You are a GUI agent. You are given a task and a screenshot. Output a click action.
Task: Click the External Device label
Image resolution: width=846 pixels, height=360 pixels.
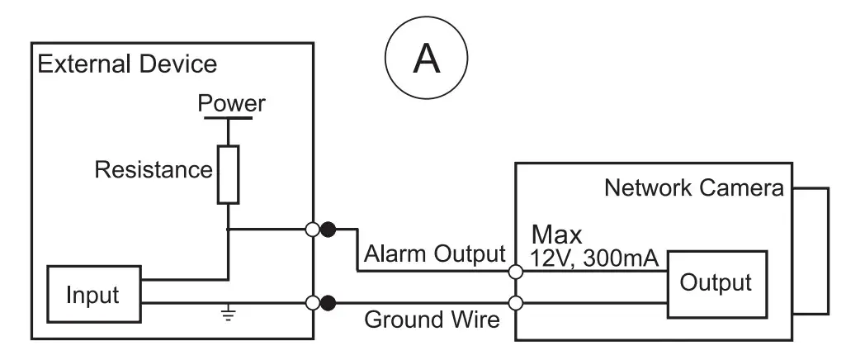coord(127,64)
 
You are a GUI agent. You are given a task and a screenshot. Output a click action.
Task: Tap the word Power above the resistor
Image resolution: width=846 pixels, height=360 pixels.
coord(230,104)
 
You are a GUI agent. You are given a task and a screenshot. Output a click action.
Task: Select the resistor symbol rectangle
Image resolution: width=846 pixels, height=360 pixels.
coord(229,173)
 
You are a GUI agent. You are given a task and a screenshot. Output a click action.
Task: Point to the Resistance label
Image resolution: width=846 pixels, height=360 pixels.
coord(154,170)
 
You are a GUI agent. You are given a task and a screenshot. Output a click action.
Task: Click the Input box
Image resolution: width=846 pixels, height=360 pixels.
coord(93,294)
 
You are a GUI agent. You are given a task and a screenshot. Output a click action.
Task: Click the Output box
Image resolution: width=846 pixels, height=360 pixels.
coord(715,282)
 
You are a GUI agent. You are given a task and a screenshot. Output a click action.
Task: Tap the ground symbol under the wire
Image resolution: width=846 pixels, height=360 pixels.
coord(229,315)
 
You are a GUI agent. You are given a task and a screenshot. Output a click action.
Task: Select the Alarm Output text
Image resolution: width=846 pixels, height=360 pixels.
coord(434,253)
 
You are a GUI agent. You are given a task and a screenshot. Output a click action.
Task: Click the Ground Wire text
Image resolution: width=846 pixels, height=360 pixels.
coord(432,319)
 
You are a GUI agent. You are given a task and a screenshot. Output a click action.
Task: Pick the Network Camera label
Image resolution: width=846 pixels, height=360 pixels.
coord(694,187)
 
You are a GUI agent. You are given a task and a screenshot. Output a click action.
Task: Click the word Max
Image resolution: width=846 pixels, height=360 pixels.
coord(556,234)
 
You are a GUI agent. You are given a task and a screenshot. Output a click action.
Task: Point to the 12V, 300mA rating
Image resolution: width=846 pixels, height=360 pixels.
coord(594,259)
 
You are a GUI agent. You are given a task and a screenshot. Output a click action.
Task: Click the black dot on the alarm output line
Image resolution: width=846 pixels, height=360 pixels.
coord(328,230)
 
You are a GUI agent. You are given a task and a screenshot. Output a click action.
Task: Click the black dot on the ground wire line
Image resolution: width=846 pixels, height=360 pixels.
coord(328,302)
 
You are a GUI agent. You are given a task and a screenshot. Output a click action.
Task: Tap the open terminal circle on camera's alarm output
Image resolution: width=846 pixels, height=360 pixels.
coord(516,270)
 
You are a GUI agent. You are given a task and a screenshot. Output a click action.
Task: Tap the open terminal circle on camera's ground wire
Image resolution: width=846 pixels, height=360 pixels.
coord(516,302)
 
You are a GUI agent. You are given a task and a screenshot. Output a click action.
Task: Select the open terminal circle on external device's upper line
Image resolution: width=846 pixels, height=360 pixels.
coord(313,230)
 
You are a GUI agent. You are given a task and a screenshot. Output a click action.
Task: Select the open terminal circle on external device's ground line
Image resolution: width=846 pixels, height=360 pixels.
coord(313,302)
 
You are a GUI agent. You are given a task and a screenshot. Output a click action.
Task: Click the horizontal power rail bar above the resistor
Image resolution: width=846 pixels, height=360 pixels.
coord(229,118)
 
